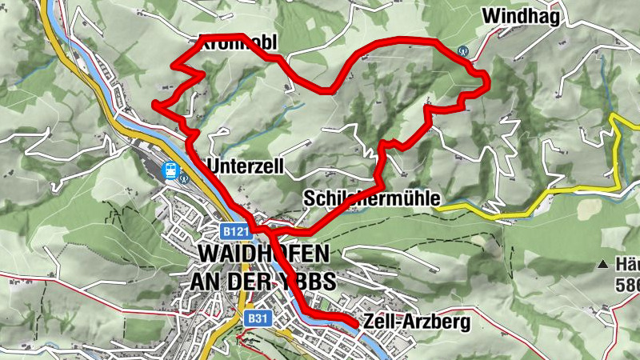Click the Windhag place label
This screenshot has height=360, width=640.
[520, 16]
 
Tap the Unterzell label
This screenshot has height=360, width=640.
[246, 165]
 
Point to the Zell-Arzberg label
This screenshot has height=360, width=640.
[416, 322]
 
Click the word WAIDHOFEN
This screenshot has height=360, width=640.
[262, 255]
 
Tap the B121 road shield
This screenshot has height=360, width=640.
[235, 231]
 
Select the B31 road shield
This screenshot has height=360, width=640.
[256, 318]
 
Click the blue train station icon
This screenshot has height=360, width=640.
[170, 170]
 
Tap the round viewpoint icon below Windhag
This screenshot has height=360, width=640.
[462, 50]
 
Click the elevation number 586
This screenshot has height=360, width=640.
[627, 283]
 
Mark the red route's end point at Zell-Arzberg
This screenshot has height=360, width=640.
[354, 322]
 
